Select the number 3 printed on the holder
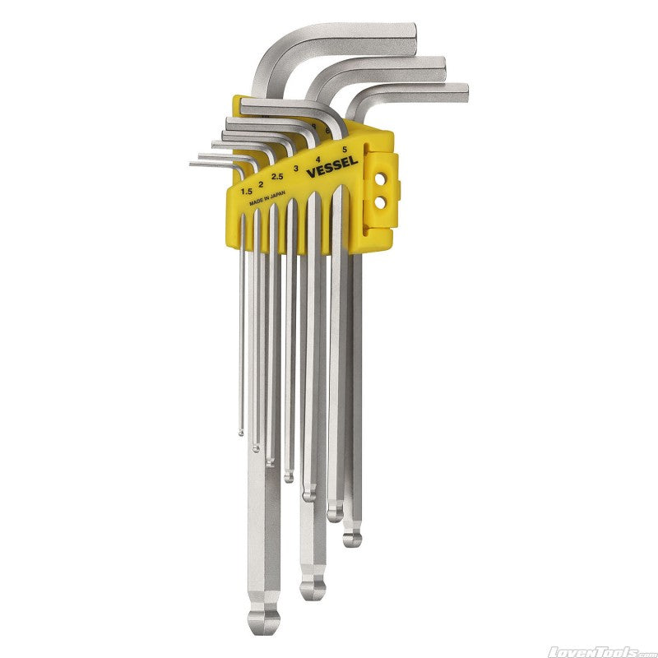(295, 167)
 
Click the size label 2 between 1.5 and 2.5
(261, 184)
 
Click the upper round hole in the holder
(380, 175)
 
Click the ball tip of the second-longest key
(313, 588)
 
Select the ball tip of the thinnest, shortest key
(241, 430)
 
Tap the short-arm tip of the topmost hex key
(410, 37)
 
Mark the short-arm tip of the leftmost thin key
(192, 164)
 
